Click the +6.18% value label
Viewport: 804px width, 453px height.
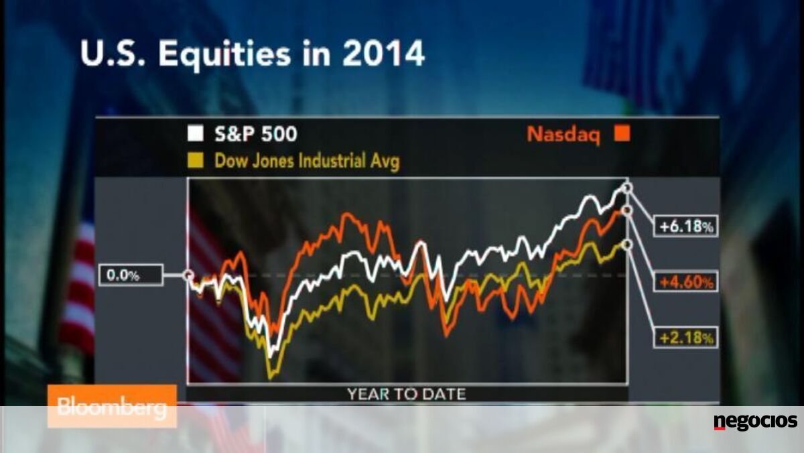(x=686, y=226)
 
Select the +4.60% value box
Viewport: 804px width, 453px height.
(x=686, y=281)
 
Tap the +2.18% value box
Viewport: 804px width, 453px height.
(x=686, y=338)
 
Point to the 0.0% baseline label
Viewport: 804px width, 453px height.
(x=131, y=275)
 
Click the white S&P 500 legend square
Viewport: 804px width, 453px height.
(x=196, y=133)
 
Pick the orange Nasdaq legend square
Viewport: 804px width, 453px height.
(x=622, y=133)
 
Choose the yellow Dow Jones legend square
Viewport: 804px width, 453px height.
(x=196, y=160)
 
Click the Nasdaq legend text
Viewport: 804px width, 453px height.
(x=563, y=135)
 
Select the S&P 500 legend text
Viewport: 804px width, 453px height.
(x=256, y=134)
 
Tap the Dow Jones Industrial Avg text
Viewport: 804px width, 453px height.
(x=307, y=161)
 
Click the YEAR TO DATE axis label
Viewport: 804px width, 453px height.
(x=407, y=394)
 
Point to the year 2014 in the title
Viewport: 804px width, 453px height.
(x=383, y=54)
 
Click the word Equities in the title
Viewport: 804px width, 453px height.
(x=224, y=54)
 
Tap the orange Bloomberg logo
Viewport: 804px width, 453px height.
(x=112, y=406)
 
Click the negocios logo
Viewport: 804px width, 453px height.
(x=756, y=422)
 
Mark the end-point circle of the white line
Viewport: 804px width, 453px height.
(x=627, y=188)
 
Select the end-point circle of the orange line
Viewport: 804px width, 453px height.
(x=627, y=210)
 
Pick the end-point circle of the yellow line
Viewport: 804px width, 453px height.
(x=627, y=245)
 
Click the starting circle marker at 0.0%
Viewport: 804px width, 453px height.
(x=188, y=275)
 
